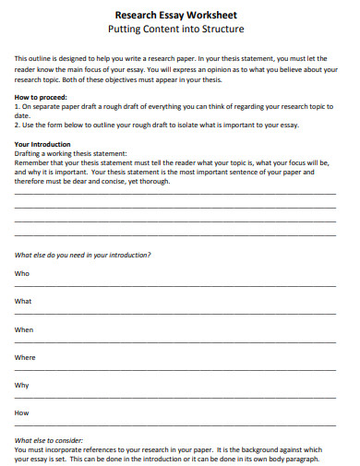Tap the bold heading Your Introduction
pyautogui.click(x=43, y=145)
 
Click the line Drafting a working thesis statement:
pyautogui.click(x=71, y=153)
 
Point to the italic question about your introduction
pyautogui.click(x=83, y=254)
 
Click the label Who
pyautogui.click(x=22, y=273)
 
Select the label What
pyautogui.click(x=24, y=301)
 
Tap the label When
pyautogui.click(x=24, y=329)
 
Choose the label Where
pyautogui.click(x=25, y=357)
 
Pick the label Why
pyautogui.click(x=22, y=385)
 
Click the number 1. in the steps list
pyautogui.click(x=18, y=105)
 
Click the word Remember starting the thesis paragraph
pyautogui.click(x=32, y=162)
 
